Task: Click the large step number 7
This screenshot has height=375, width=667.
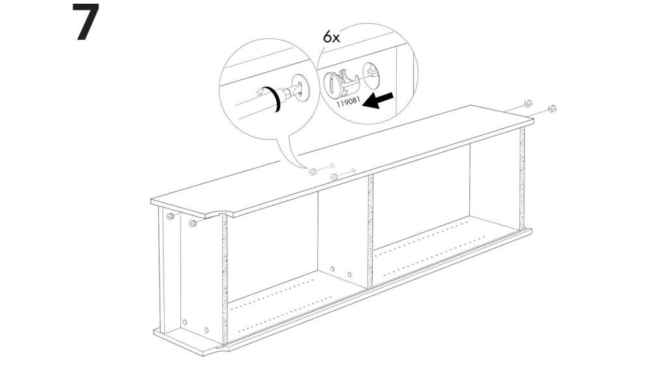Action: pyautogui.click(x=85, y=23)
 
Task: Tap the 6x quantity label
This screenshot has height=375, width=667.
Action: pyautogui.click(x=331, y=37)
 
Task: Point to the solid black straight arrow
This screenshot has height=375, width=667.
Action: pyautogui.click(x=380, y=100)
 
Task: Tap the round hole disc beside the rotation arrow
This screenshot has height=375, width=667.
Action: pyautogui.click(x=301, y=87)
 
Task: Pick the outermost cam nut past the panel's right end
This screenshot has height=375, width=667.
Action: pyautogui.click(x=552, y=108)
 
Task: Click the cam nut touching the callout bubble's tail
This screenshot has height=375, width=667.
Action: pyautogui.click(x=313, y=171)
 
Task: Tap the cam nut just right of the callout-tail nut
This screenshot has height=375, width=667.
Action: pyautogui.click(x=334, y=176)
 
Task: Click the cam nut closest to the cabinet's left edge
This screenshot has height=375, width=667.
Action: pyautogui.click(x=170, y=216)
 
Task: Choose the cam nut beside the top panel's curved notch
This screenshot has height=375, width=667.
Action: pyautogui.click(x=193, y=223)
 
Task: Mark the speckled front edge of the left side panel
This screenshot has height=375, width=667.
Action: pyautogui.click(x=225, y=280)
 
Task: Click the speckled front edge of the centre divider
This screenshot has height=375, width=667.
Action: pyautogui.click(x=370, y=231)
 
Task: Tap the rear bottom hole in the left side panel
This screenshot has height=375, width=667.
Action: pyautogui.click(x=185, y=323)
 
